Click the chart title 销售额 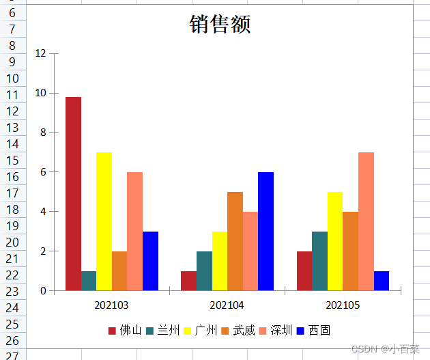[x=220, y=25]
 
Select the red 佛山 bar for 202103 [x=73, y=193]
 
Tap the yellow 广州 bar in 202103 [x=104, y=221]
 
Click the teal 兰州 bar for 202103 [x=89, y=281]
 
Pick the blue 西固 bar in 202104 [x=266, y=231]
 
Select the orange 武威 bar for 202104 [x=235, y=241]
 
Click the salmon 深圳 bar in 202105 [x=366, y=221]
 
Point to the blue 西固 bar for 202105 [x=382, y=281]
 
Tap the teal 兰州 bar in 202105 [x=319, y=261]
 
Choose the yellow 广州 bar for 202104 [x=220, y=261]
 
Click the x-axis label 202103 [x=111, y=305]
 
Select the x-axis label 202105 [x=343, y=305]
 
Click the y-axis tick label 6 [x=43, y=172]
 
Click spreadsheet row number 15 [x=13, y=160]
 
